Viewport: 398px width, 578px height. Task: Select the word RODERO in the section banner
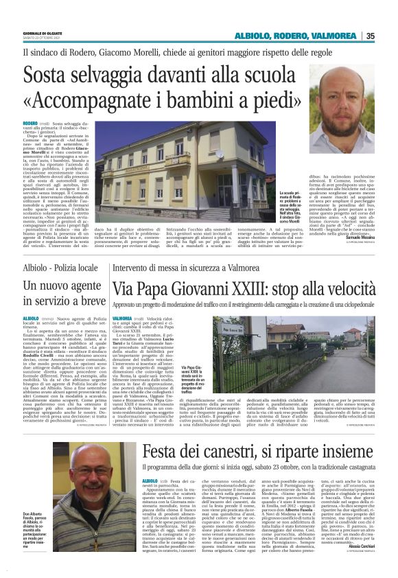pyautogui.click(x=292, y=36)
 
